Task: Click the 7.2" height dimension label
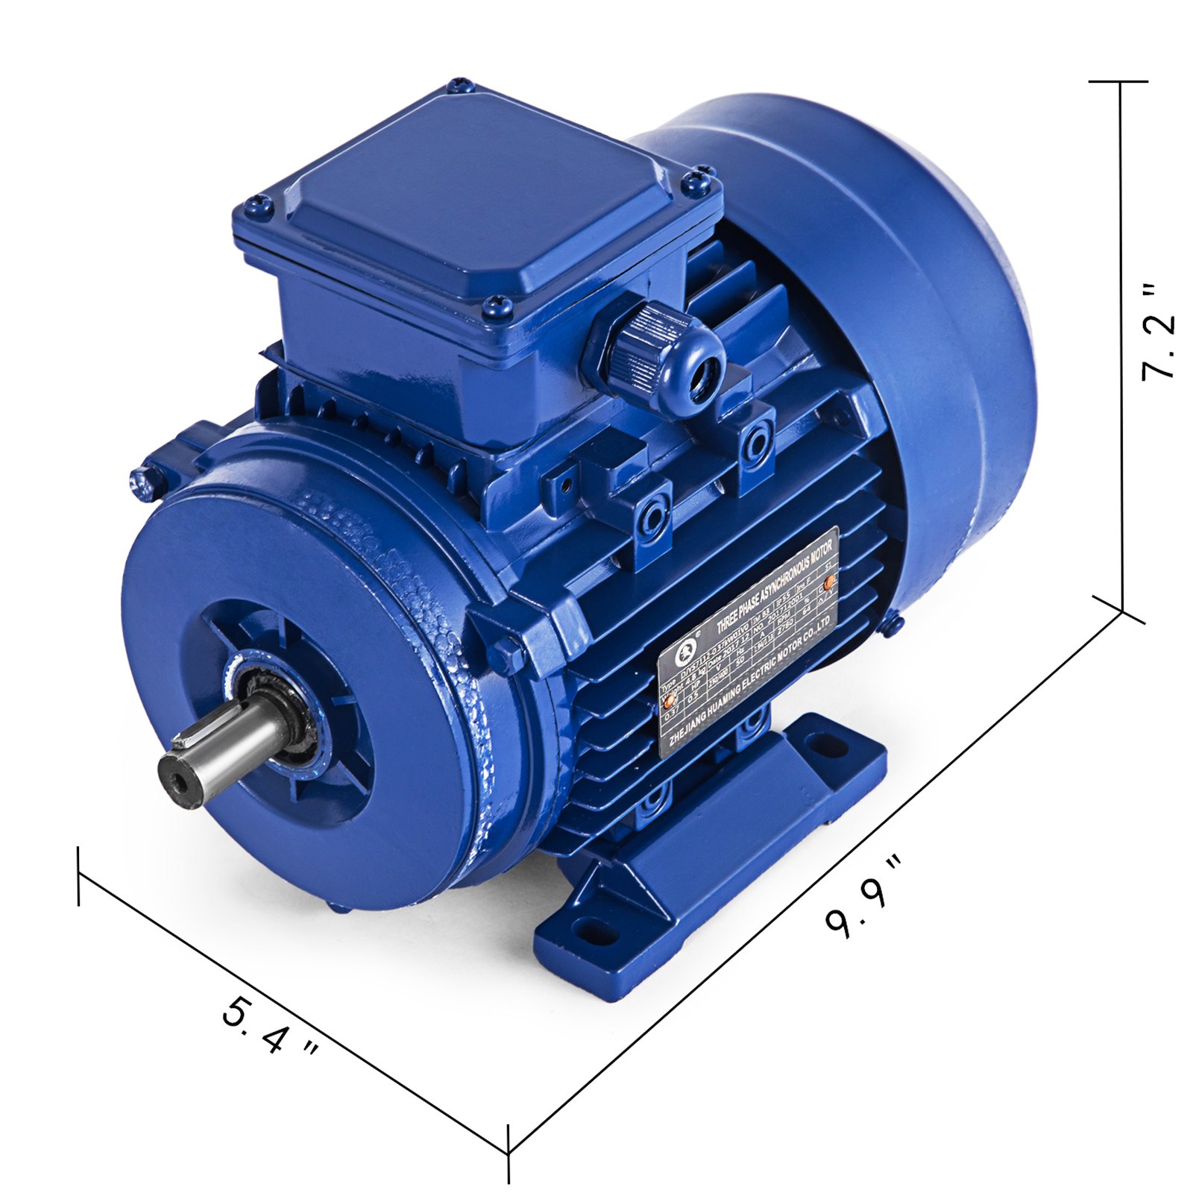(1157, 332)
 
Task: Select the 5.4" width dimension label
(270, 1027)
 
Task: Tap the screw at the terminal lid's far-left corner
(256, 201)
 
